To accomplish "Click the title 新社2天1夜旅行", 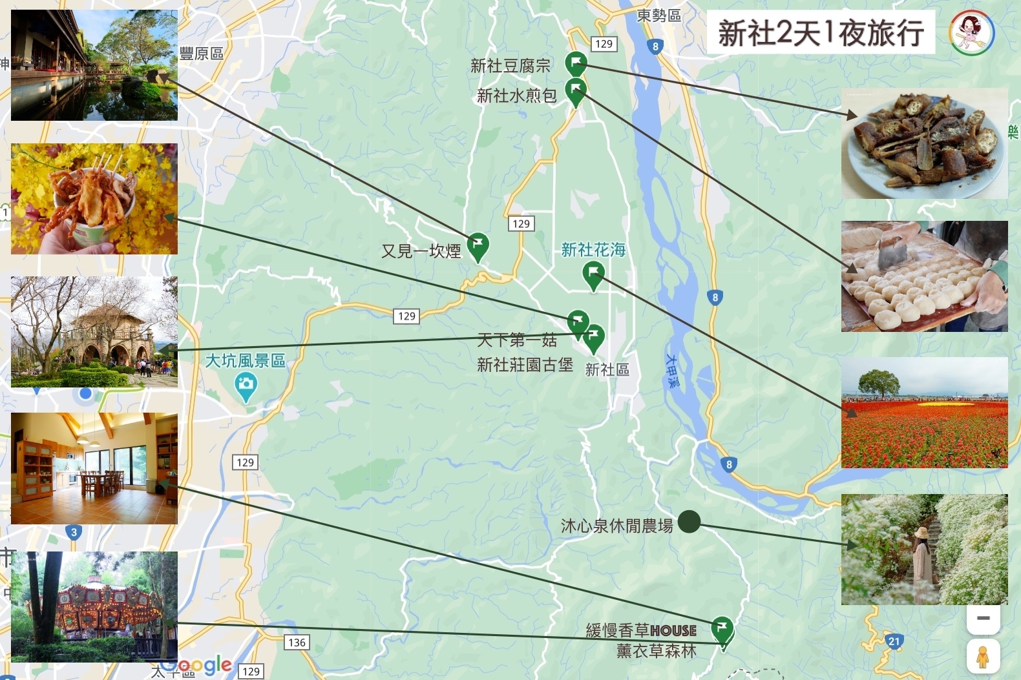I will pos(821,32).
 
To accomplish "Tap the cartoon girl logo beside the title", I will pos(972,32).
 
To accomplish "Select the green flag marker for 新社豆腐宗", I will pos(575,63).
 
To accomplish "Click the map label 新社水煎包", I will pos(516,96).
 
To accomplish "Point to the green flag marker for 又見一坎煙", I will pos(478,246).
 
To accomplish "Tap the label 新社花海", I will pos(593,250).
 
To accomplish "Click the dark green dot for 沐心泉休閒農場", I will pos(689,521).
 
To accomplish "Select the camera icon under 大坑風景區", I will pos(246,386).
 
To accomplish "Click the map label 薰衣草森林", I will pos(657,651).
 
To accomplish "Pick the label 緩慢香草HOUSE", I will pos(641,630).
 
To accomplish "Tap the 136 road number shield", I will pos(297,642).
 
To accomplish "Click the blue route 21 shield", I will pos(894,641).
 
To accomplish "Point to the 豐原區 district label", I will pos(201,54).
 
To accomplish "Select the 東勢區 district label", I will pos(659,15).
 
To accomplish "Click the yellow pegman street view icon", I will pos(983,657).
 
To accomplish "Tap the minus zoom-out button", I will pos(983,619).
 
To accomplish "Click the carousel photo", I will pos(94,606).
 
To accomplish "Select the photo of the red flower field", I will pos(924,413).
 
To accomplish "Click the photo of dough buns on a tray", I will pos(924,276).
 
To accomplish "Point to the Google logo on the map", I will pos(197,665).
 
